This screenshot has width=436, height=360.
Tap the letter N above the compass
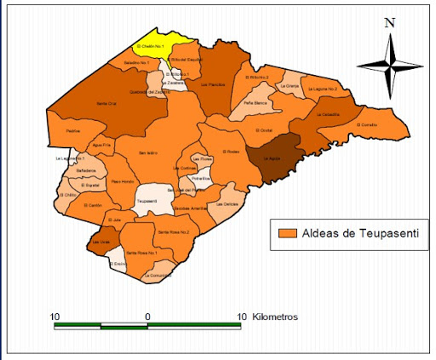388,23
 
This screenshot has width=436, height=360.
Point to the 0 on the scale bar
148,317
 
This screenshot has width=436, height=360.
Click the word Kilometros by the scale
274,317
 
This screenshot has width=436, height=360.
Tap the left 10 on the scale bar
54,317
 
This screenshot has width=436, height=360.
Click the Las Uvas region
100,242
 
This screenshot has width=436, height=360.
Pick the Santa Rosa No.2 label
174,231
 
